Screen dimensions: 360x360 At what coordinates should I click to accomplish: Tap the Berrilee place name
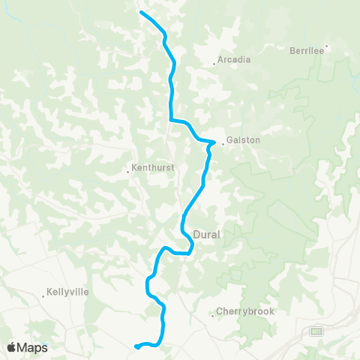306,51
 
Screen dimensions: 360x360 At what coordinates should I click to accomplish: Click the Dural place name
206,235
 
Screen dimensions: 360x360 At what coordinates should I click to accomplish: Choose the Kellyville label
69,291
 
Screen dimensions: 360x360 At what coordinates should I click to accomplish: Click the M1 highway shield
316,331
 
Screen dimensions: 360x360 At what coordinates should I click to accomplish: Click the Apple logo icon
12,347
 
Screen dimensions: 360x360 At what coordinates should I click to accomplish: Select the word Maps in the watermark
33,347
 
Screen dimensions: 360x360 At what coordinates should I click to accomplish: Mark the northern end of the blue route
141,12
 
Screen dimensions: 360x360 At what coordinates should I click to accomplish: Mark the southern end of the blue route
136,346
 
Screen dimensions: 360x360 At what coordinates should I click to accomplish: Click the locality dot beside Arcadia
214,64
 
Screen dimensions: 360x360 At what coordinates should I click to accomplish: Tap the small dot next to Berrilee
326,46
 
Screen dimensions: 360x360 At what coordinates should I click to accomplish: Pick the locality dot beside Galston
222,144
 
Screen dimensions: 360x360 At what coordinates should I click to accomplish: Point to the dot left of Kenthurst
128,168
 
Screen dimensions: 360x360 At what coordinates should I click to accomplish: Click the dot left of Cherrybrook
213,316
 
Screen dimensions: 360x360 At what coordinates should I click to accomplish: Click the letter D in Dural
196,235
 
